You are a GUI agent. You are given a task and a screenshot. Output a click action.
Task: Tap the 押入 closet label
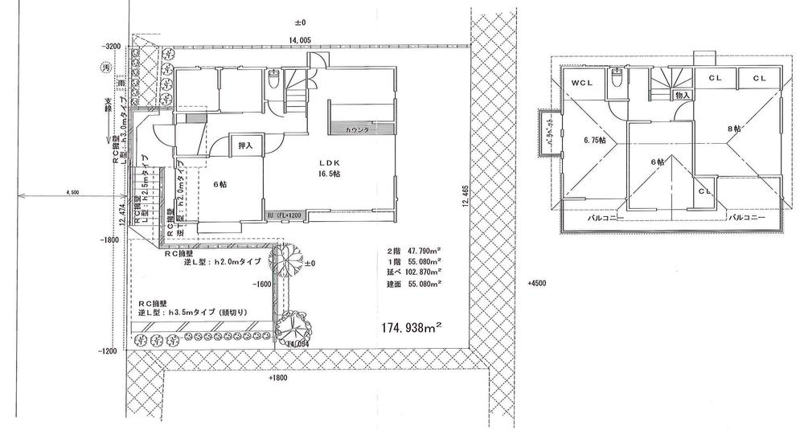click(x=246, y=145)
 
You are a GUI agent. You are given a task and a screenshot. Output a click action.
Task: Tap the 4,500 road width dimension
click(x=72, y=192)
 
